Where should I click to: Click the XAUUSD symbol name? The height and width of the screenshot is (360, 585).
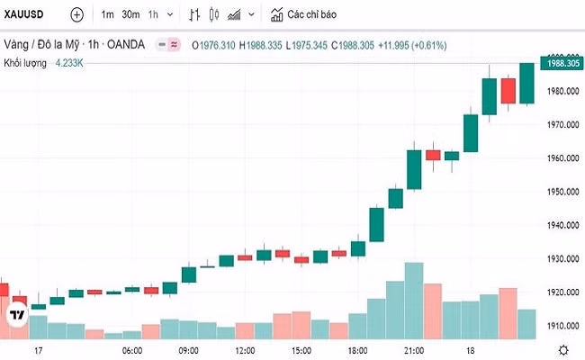click(x=25, y=14)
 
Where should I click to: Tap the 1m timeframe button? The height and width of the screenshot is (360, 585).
click(x=107, y=14)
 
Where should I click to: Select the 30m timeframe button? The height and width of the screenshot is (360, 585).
click(x=130, y=14)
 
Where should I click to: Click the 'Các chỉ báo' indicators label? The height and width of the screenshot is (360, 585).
click(x=312, y=14)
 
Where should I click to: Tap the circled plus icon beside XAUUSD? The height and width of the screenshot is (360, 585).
click(x=76, y=14)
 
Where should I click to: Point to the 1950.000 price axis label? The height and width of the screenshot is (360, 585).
click(x=562, y=192)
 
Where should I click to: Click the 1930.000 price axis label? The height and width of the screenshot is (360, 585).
click(x=562, y=259)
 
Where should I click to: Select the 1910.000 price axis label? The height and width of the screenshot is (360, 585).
click(x=562, y=326)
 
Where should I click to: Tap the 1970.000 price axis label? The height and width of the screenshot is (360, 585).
click(x=562, y=124)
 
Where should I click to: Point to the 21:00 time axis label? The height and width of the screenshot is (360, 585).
click(x=414, y=350)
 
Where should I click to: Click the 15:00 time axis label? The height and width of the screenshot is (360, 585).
click(x=301, y=350)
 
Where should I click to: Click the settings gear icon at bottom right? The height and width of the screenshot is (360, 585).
click(x=562, y=350)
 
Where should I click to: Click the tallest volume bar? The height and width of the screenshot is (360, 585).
click(x=414, y=301)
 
